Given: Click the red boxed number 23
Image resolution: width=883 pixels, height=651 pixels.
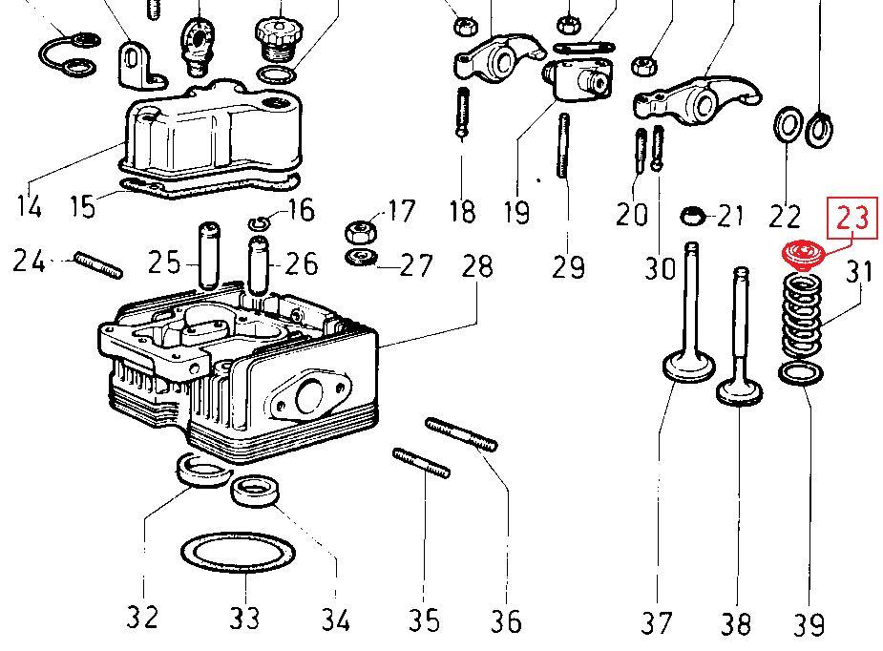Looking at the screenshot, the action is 852,218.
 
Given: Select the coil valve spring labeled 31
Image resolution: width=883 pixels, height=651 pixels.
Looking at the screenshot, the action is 802,315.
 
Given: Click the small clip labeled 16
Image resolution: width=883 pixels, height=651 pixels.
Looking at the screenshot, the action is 260,223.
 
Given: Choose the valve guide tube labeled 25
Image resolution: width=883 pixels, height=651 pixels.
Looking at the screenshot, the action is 209,255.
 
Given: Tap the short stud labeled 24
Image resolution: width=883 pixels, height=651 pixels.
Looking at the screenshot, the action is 98,265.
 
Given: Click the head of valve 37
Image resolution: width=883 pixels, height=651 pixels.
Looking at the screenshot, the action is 689,367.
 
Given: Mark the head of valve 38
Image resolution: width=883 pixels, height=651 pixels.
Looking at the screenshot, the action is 740,391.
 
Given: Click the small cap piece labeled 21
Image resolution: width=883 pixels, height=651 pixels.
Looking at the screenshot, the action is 692,216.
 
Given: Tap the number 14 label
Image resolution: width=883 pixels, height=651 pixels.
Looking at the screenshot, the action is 30,206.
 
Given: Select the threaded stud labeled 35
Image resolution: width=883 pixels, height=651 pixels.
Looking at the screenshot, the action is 421,463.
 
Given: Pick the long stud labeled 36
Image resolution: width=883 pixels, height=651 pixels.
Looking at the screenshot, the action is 461,434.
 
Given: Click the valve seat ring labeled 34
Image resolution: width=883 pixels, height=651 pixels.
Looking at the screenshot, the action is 255,492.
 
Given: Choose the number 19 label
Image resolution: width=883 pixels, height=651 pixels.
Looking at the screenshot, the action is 516,212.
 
